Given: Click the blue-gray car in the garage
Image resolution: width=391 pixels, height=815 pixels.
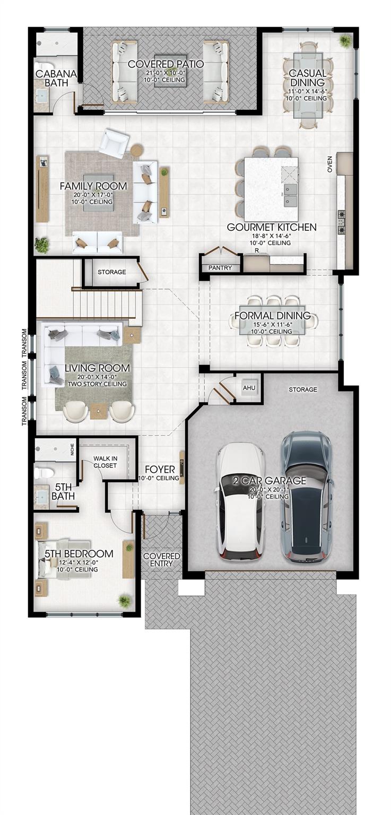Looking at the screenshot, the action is [x=306, y=497].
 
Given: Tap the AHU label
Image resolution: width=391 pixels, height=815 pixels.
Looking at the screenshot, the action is [x=249, y=388].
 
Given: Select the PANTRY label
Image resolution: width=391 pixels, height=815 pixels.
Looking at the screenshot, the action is [x=220, y=268].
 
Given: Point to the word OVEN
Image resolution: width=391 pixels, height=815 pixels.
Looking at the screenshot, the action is [x=330, y=164].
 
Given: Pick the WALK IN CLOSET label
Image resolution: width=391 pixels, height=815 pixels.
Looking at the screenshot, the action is [x=106, y=462].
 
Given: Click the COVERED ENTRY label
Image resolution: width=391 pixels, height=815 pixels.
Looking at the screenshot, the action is [x=162, y=560].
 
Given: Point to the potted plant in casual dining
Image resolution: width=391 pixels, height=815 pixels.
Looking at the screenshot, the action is [x=344, y=41].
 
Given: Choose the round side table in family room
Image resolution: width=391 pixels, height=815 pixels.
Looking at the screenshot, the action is [x=137, y=151].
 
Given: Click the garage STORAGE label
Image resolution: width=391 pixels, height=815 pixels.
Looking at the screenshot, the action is [x=303, y=389].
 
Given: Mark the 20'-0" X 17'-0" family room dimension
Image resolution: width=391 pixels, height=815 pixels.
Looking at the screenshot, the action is [x=93, y=195].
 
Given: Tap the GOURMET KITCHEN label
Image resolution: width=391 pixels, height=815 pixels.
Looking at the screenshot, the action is [x=272, y=227].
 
